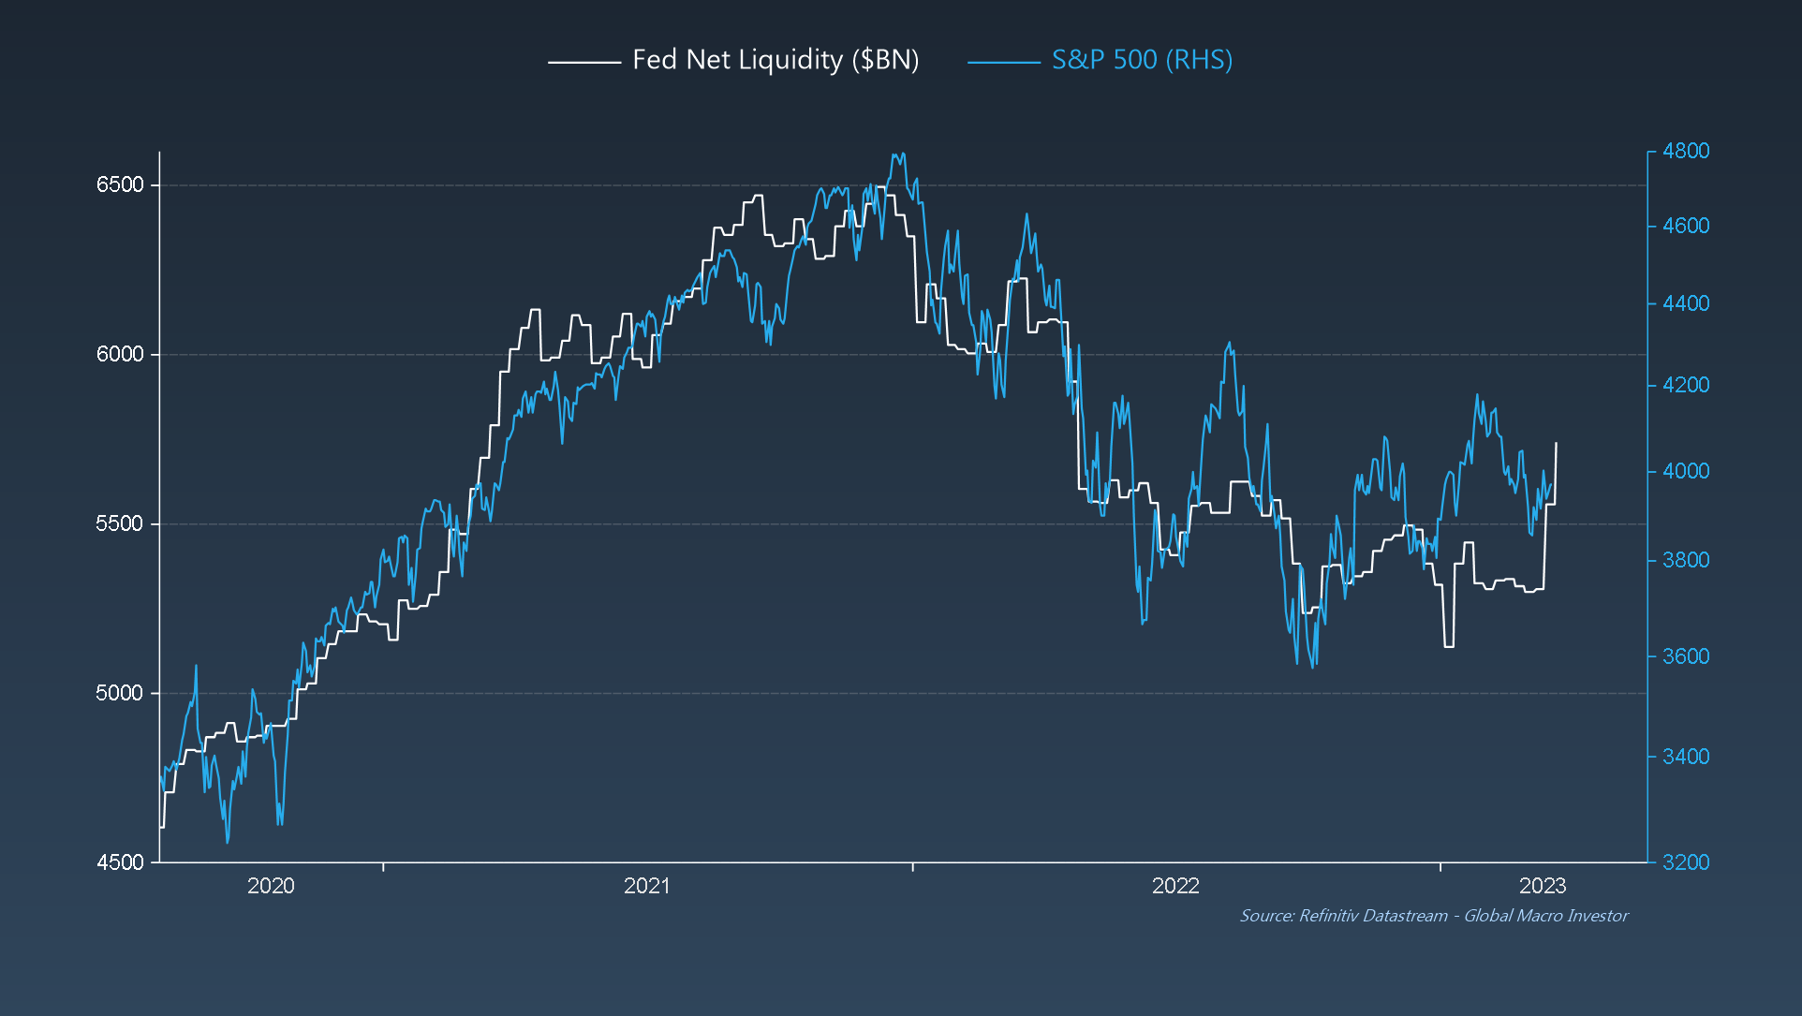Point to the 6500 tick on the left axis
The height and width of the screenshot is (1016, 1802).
click(x=120, y=184)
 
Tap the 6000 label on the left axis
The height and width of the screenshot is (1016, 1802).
click(x=120, y=354)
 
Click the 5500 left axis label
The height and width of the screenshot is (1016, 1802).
click(x=120, y=523)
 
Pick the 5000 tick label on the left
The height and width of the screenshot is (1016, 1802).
click(x=120, y=693)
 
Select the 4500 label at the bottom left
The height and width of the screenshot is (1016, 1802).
click(x=120, y=862)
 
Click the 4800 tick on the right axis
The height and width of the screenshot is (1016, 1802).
click(x=1685, y=151)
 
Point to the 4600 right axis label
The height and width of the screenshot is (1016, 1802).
click(x=1685, y=226)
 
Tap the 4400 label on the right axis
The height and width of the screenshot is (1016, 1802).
click(x=1685, y=303)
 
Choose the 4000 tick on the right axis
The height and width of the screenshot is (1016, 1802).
click(x=1685, y=471)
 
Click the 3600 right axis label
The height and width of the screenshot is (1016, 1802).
click(x=1685, y=656)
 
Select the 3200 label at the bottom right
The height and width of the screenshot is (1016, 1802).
click(x=1685, y=862)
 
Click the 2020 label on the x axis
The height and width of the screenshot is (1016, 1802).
click(x=271, y=886)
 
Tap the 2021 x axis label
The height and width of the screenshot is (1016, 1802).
click(x=646, y=886)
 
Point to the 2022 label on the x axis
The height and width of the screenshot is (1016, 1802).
click(x=1175, y=886)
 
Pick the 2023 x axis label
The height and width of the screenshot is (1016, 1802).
click(x=1542, y=886)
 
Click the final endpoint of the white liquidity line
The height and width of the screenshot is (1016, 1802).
click(x=1556, y=443)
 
